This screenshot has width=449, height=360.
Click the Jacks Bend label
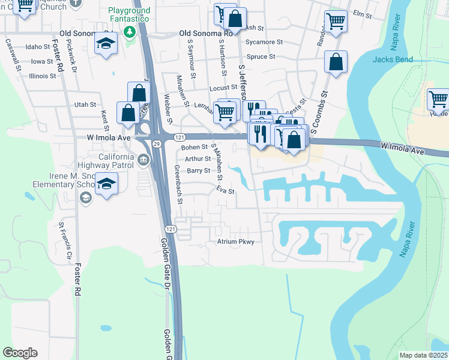point(393,59)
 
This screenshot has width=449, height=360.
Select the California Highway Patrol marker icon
point(143,160)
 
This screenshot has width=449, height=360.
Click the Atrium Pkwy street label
point(235,242)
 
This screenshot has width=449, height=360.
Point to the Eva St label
point(225,191)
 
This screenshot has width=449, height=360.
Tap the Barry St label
point(197,170)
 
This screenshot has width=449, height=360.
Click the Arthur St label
point(197,159)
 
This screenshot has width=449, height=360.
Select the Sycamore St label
point(264,42)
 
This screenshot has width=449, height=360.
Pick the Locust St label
point(223,88)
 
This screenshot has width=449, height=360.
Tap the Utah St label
point(85,104)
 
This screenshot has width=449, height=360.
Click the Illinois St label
point(43,76)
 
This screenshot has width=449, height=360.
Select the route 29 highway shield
point(156,144)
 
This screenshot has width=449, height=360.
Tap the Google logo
point(20,353)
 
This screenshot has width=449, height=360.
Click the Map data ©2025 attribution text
point(423,355)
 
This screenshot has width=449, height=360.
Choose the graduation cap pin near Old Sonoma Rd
point(106,44)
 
